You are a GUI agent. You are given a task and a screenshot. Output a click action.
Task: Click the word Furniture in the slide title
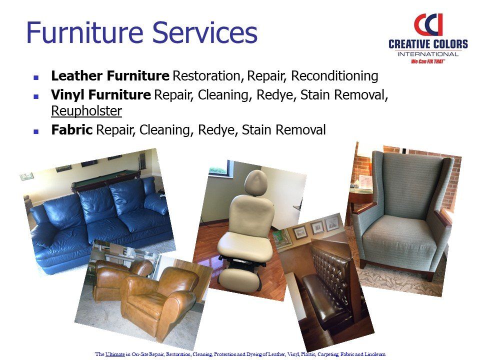pos(85,32)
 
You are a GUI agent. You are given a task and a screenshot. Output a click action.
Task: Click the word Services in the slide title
pos(205,32)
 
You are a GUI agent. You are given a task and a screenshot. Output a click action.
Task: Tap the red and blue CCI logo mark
pos(428,24)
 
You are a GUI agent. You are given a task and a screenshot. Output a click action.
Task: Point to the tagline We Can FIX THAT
pos(428,61)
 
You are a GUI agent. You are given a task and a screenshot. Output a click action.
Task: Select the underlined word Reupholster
pos(86,111)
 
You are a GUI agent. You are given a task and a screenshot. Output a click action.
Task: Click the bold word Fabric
pos(71,129)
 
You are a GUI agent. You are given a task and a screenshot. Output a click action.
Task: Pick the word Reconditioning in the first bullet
pos(334,76)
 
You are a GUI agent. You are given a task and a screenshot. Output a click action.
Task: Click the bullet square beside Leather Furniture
pos(36,77)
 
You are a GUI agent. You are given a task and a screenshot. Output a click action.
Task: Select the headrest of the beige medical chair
pos(256,183)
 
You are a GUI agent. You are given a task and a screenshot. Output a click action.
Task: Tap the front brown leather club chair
pos(158,301)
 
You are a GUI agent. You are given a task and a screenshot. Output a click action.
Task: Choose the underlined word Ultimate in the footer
pos(115,354)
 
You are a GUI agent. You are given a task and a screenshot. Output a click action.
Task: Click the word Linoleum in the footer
pos(374,354)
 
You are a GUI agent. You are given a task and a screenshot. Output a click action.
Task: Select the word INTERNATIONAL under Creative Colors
pos(428,54)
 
